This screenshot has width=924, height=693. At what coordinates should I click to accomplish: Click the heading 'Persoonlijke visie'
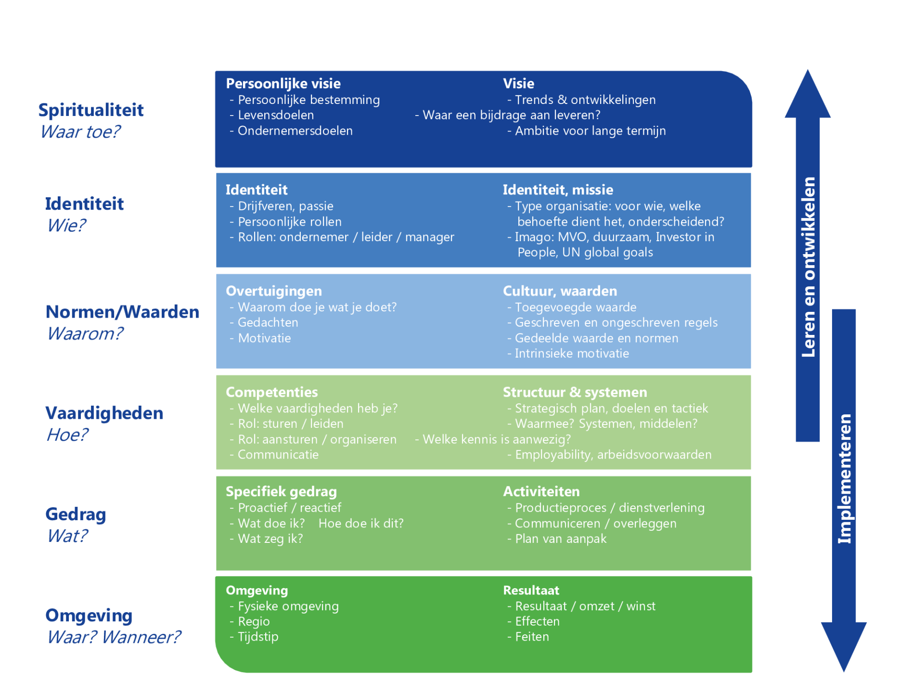pyautogui.click(x=283, y=84)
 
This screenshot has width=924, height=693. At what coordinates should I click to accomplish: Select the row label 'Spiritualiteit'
pyautogui.click(x=91, y=110)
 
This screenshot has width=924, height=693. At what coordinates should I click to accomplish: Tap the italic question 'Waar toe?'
pyautogui.click(x=80, y=132)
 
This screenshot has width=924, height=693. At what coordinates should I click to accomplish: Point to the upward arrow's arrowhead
pyautogui.click(x=808, y=94)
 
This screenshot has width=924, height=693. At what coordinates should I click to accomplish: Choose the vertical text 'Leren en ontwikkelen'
pyautogui.click(x=808, y=267)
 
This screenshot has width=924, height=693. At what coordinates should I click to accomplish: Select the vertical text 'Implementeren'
pyautogui.click(x=844, y=479)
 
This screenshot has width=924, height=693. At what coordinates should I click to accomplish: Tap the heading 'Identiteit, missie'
pyautogui.click(x=558, y=190)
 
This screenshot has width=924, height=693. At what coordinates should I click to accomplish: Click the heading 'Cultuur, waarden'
pyautogui.click(x=560, y=291)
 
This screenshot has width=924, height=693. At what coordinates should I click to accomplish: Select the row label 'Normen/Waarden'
pyautogui.click(x=122, y=312)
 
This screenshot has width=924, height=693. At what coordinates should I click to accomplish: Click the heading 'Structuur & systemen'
pyautogui.click(x=575, y=392)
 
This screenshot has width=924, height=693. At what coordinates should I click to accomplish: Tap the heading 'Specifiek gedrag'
pyautogui.click(x=281, y=492)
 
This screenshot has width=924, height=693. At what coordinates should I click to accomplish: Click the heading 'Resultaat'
pyautogui.click(x=531, y=590)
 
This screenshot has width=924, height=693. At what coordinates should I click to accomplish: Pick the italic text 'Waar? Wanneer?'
pyautogui.click(x=114, y=637)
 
